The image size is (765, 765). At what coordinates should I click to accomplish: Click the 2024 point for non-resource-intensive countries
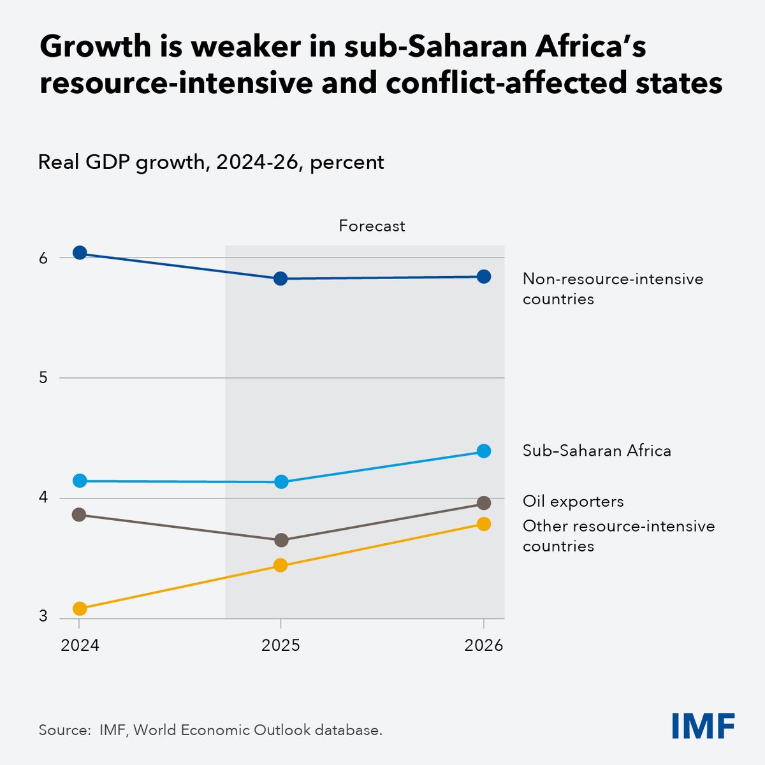[x=80, y=253]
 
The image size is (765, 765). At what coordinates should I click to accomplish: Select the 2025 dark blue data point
[x=280, y=279]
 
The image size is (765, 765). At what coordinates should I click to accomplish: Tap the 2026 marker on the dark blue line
[x=484, y=276]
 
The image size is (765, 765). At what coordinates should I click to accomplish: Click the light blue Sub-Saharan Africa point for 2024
[x=80, y=481]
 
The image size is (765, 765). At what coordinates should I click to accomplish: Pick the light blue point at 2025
[x=280, y=482]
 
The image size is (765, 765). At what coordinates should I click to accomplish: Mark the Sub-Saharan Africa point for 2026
[x=484, y=451]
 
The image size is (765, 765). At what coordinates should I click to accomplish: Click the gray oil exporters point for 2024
[x=80, y=514]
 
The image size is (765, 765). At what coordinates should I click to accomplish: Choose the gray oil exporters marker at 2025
[x=280, y=540]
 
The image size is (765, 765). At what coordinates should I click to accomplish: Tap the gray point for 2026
[x=484, y=503]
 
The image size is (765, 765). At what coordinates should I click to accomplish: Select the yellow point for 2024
[x=80, y=608]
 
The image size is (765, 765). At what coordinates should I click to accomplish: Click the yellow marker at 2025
[x=280, y=565]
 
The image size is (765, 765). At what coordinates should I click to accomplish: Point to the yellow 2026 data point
[x=484, y=523]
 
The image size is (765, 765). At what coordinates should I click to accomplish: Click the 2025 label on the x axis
[x=280, y=646]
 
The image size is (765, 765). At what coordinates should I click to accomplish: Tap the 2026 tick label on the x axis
[x=484, y=646]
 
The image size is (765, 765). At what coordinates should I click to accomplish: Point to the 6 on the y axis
[x=43, y=258]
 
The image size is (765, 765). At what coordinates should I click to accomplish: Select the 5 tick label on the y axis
[x=43, y=377]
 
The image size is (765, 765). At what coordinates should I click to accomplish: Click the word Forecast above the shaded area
[x=372, y=226]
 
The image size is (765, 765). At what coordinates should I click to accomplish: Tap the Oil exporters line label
[x=573, y=502]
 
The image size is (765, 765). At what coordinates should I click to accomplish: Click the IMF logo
[x=703, y=725]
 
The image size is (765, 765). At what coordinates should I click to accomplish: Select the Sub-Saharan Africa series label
[x=597, y=451]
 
